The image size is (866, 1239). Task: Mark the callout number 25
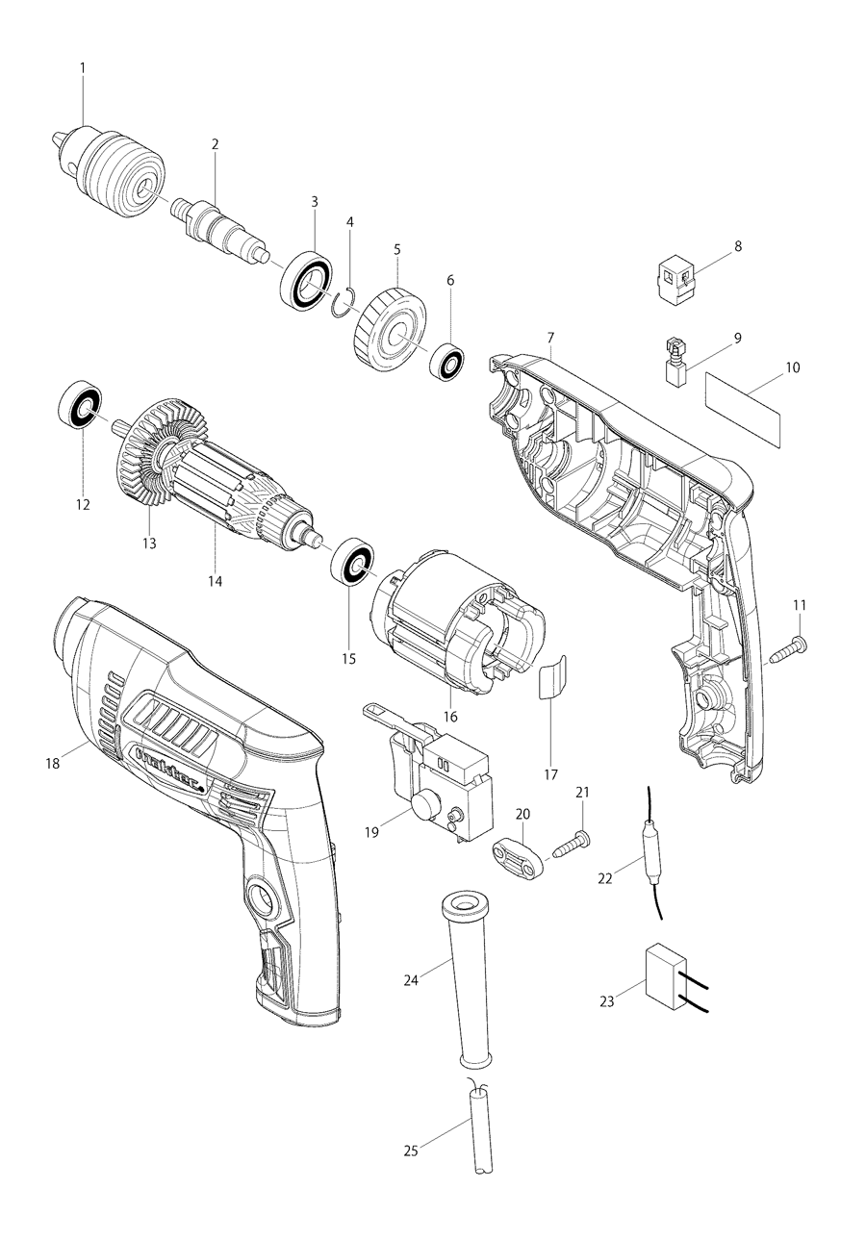coord(413,1150)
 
